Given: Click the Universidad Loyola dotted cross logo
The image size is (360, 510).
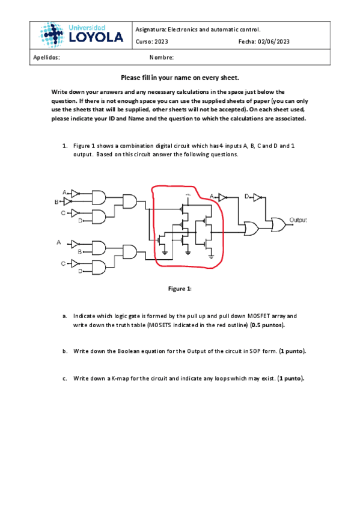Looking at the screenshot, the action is [52, 35].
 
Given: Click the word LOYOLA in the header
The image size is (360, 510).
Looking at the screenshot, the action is [96, 37].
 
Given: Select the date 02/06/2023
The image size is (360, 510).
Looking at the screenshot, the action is [273, 41].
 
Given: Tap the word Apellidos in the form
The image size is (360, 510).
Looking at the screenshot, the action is [46, 58].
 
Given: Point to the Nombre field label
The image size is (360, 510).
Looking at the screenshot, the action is [162, 58].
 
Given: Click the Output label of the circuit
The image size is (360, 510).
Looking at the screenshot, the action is [298, 220].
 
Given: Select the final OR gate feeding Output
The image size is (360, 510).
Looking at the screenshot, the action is [278, 225].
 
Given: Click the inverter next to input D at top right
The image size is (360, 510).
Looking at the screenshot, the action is [257, 197].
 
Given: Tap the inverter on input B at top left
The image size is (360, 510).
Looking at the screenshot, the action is [67, 202].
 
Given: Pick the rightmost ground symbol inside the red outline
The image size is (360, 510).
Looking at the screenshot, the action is [211, 257].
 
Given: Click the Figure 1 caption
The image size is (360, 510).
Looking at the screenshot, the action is [180, 289].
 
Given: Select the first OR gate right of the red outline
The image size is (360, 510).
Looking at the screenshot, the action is [252, 229].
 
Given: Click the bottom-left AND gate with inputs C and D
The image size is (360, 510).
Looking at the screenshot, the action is [99, 268].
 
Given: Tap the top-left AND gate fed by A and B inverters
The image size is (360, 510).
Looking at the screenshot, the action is [99, 197].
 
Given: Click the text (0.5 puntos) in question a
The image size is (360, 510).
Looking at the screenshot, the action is [267, 325].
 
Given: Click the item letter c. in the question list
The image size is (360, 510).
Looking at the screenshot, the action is [65, 379].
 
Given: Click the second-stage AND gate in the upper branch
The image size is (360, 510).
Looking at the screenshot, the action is [129, 201].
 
